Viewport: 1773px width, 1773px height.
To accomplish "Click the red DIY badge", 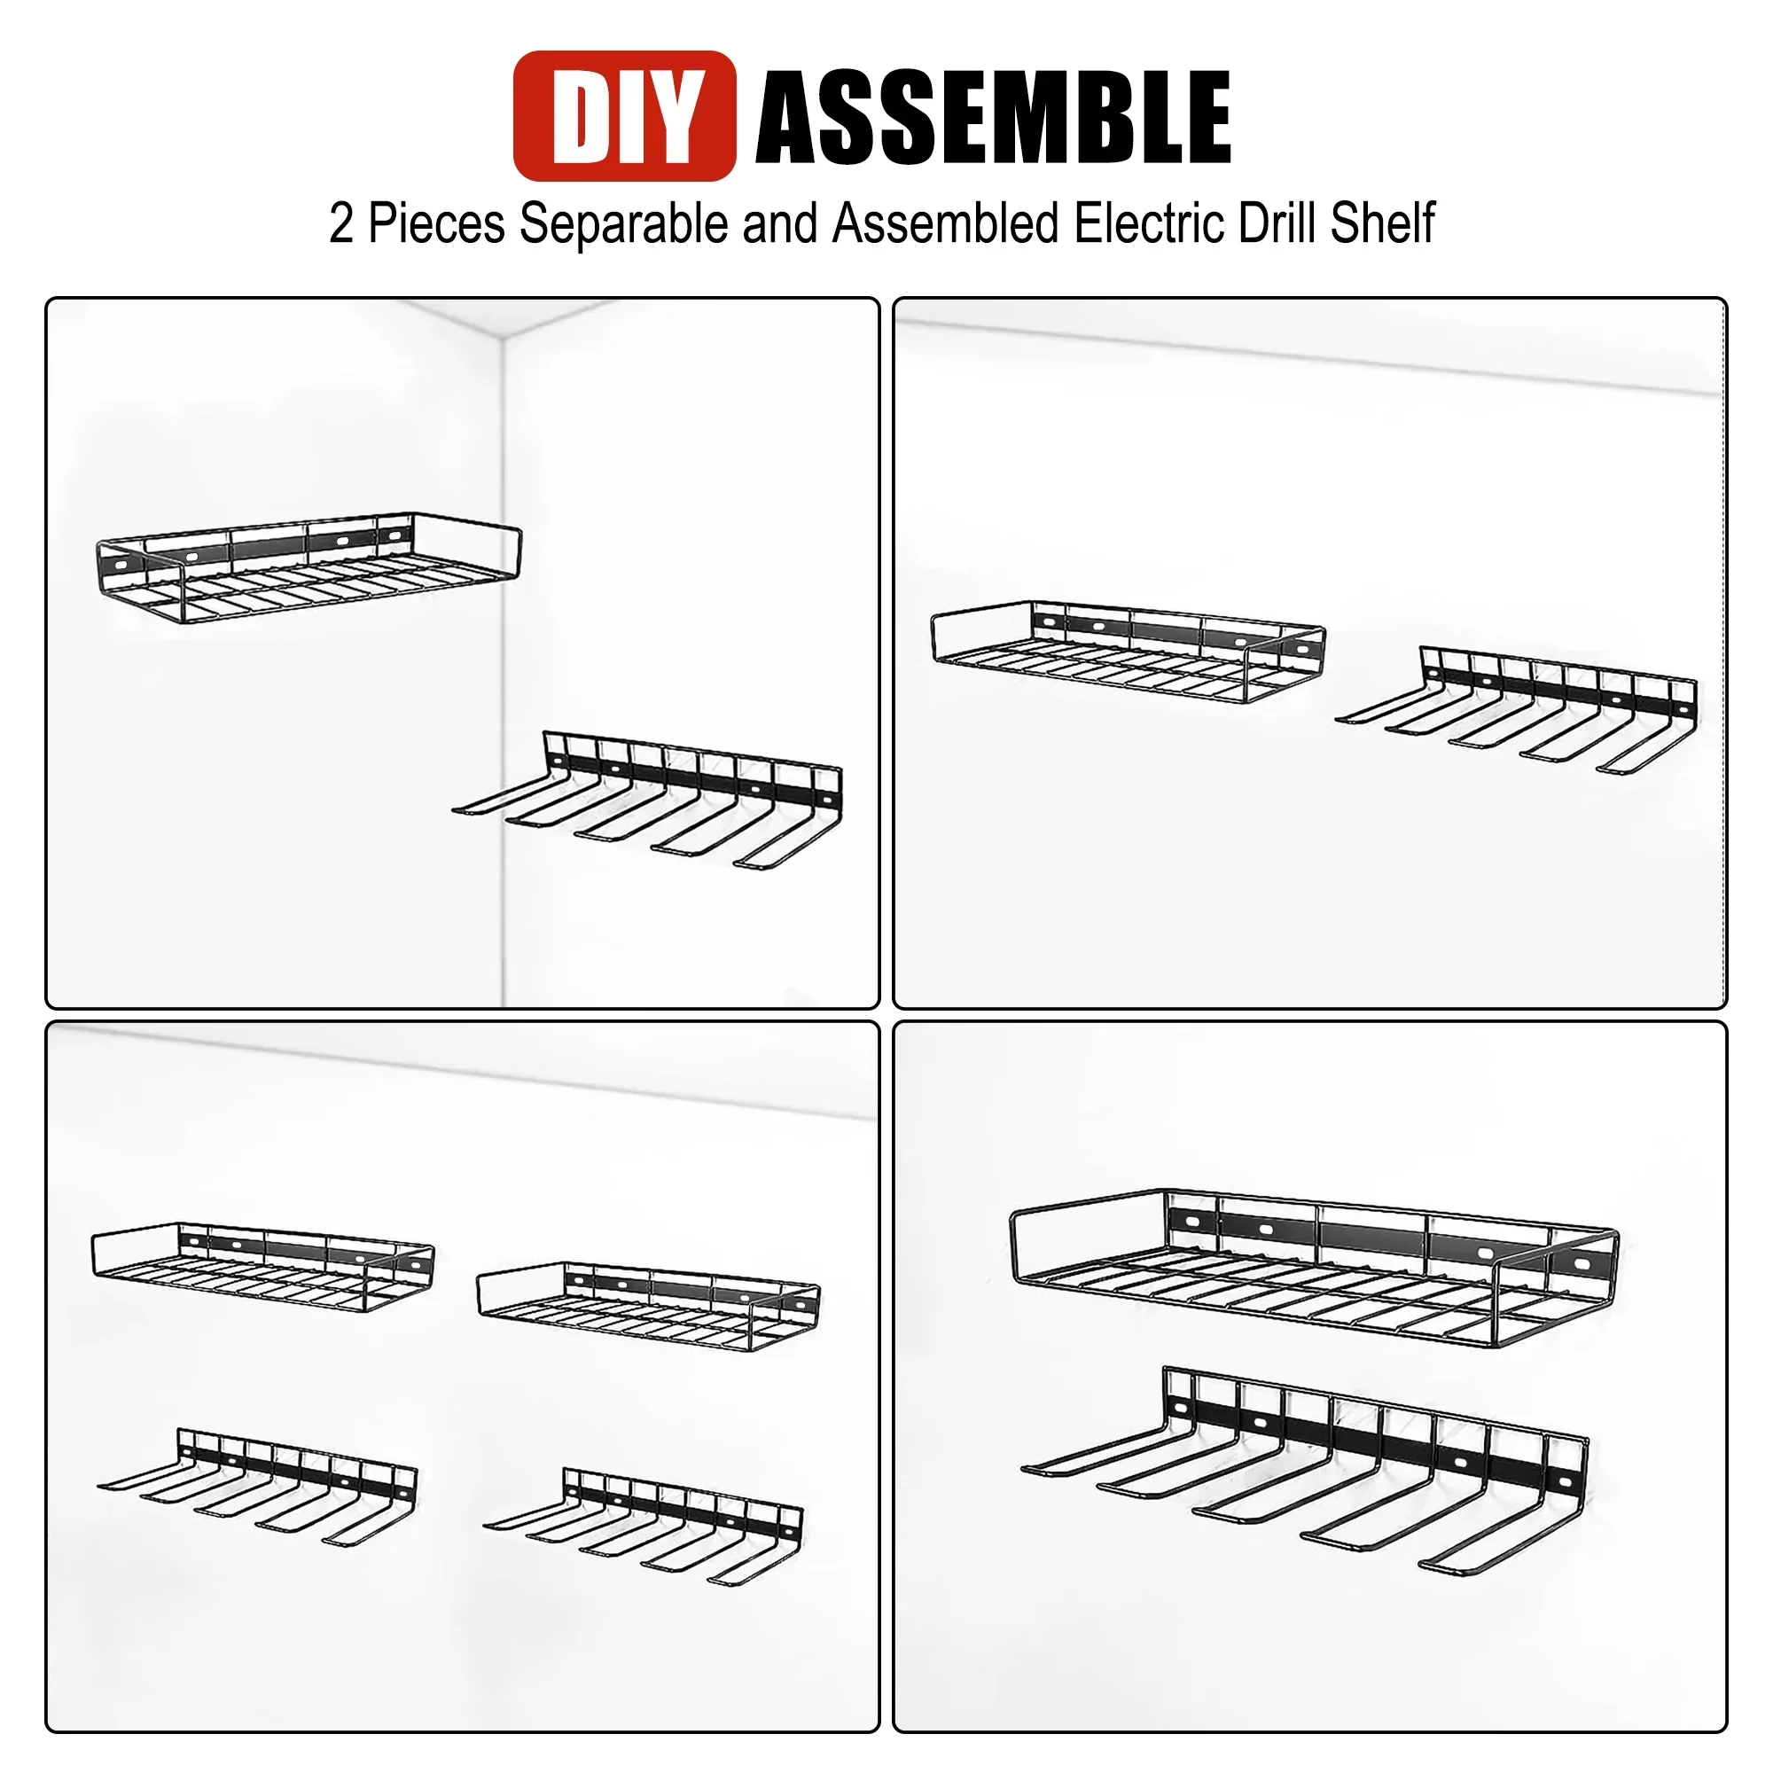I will click(x=624, y=116).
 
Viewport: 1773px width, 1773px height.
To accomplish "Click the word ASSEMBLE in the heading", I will click(x=992, y=119).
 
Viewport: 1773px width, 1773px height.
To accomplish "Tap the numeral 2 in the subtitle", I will click(x=340, y=223).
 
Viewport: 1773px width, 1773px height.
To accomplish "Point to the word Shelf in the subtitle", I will click(x=1382, y=223).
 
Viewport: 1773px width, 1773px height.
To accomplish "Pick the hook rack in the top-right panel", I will click(x=1523, y=711).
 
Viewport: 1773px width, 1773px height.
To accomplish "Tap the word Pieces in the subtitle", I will click(x=436, y=223).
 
